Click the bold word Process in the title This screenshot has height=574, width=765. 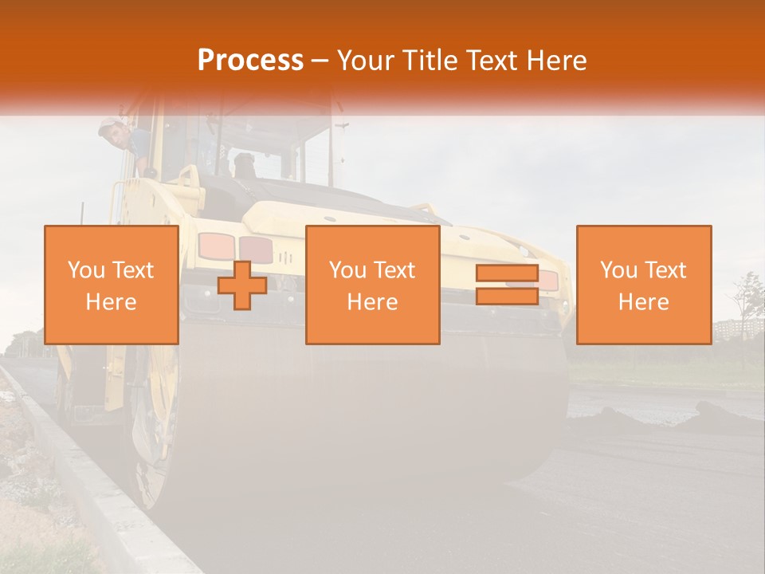[x=250, y=61]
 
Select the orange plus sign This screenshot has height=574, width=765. [x=242, y=285]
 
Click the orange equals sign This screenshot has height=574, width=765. [x=507, y=285]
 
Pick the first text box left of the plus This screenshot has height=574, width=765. [x=112, y=285]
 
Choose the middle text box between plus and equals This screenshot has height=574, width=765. [x=372, y=285]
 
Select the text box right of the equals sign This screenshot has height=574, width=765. [x=644, y=285]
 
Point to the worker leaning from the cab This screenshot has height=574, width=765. [x=127, y=143]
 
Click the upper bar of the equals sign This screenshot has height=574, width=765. [x=507, y=274]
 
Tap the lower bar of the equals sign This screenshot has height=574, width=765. [x=507, y=296]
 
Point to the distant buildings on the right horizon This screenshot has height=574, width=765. [x=729, y=328]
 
